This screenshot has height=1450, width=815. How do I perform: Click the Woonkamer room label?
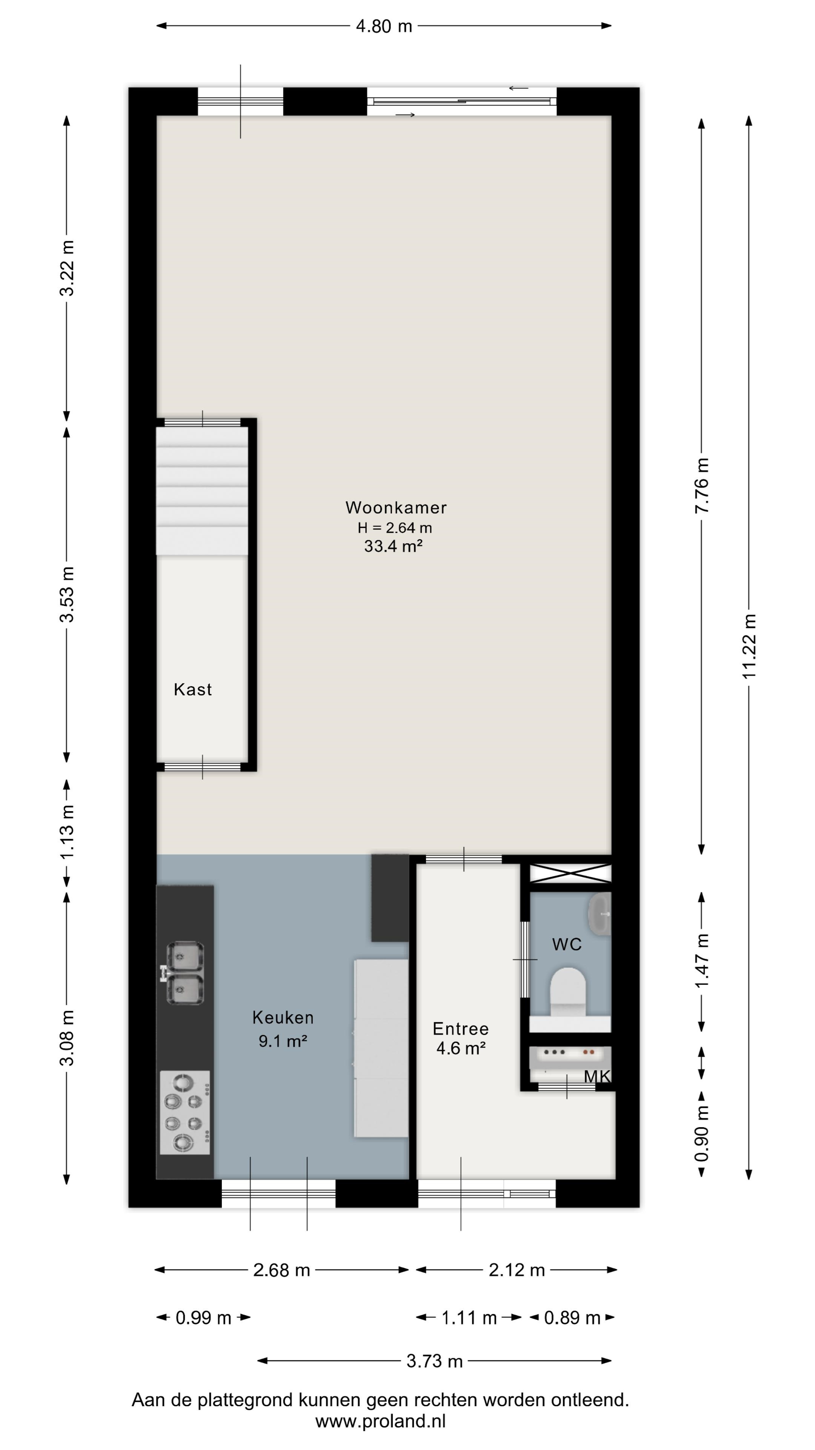coord(396,508)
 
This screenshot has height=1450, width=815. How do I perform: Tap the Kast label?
coord(193,690)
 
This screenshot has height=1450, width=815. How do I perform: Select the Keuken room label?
coord(283,1017)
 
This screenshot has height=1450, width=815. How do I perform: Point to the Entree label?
coord(461,1029)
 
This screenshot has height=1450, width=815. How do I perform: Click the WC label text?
coord(567,944)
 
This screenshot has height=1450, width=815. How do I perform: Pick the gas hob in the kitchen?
coord(185,1112)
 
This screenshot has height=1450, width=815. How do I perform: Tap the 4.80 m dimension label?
coord(384,26)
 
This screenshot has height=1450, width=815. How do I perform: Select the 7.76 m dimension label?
coord(702,485)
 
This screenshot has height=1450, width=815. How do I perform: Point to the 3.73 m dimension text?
coord(435,1361)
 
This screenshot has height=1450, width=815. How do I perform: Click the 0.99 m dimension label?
coord(204,1318)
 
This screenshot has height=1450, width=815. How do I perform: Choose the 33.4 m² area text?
coord(393,546)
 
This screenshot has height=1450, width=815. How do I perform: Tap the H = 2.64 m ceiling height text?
coord(395,528)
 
